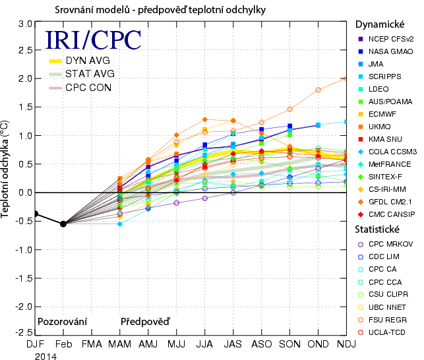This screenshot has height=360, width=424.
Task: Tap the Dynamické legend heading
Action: pyautogui.click(x=380, y=24)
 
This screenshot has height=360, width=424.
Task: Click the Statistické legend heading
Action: pyautogui.click(x=380, y=229)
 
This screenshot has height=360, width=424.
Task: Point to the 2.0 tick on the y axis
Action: pyautogui.click(x=25, y=78)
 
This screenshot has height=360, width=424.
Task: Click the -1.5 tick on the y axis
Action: pyautogui.click(x=24, y=278)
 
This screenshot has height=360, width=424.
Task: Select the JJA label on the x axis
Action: pyautogui.click(x=204, y=344)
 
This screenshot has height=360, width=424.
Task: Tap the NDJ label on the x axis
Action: pyautogui.click(x=346, y=344)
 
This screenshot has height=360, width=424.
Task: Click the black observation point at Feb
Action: pyautogui.click(x=63, y=224)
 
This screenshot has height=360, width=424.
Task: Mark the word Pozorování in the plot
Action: pyautogui.click(x=63, y=322)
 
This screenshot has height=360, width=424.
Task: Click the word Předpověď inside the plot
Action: pyautogui.click(x=145, y=322)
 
